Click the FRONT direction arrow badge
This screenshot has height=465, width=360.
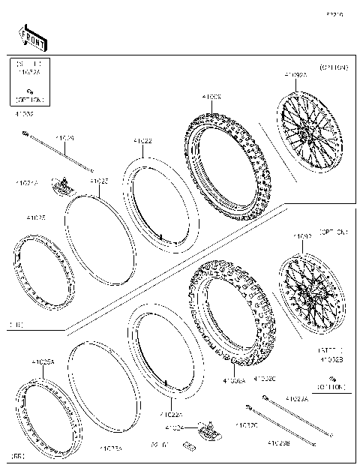click(31, 35)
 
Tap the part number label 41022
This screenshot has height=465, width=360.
click(142, 141)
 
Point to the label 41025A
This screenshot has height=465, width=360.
click(43, 361)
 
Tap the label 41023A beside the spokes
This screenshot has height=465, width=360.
click(298, 399)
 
